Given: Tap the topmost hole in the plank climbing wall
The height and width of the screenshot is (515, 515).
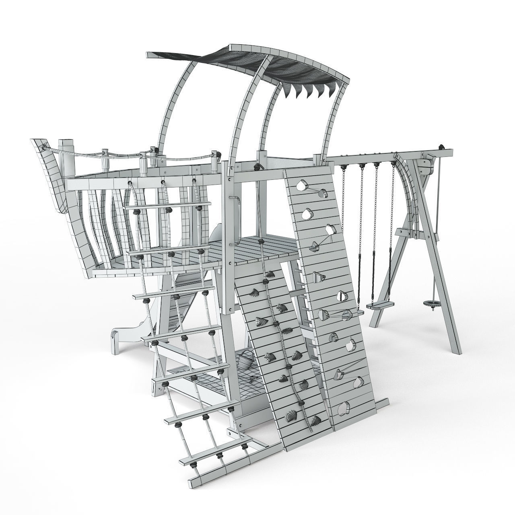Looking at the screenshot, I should (301, 185).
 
